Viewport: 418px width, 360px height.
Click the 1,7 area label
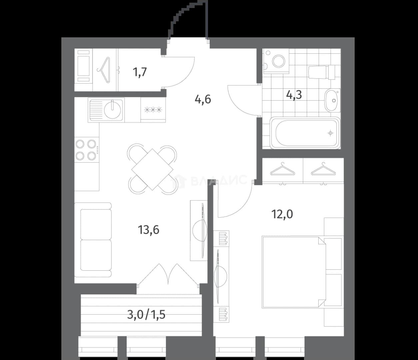click(140, 72)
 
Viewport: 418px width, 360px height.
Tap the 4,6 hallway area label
click(203, 99)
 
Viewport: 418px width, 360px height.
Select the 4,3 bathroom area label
click(294, 95)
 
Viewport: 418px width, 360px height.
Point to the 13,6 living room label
click(149, 230)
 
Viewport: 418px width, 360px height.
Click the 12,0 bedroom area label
click(282, 214)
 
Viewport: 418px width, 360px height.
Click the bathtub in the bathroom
click(305, 133)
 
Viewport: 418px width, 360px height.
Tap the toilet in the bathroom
click(322, 72)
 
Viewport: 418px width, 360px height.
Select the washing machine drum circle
click(279, 61)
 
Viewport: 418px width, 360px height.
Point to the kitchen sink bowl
click(113, 110)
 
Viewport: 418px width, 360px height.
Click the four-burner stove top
click(87, 150)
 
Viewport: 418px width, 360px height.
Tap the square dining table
click(152, 169)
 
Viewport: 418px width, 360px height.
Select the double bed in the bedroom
click(294, 272)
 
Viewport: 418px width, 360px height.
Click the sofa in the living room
click(93, 240)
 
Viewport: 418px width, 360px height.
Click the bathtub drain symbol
click(330, 133)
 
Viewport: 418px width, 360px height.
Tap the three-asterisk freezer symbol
click(153, 110)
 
